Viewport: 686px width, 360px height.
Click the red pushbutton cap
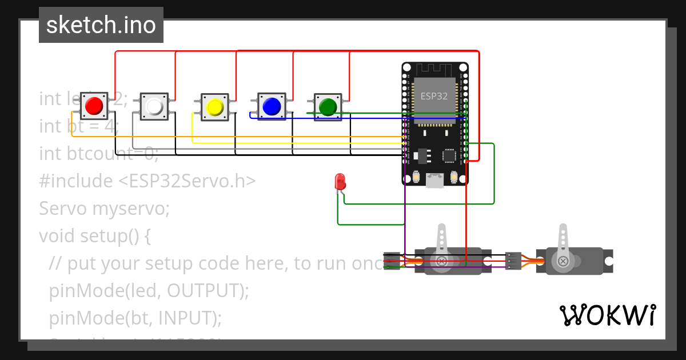(94, 106)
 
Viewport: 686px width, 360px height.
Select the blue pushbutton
(271, 106)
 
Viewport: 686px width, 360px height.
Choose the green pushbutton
(328, 106)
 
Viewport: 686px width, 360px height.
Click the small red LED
(340, 182)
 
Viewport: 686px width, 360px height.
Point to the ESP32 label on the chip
(434, 96)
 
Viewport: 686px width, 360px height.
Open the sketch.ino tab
(101, 25)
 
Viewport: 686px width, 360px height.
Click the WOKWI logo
(607, 315)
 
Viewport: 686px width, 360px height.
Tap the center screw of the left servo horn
(442, 261)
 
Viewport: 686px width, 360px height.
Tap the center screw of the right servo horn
(563, 261)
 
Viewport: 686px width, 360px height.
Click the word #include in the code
(76, 181)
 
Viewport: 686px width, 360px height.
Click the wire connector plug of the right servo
(513, 261)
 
